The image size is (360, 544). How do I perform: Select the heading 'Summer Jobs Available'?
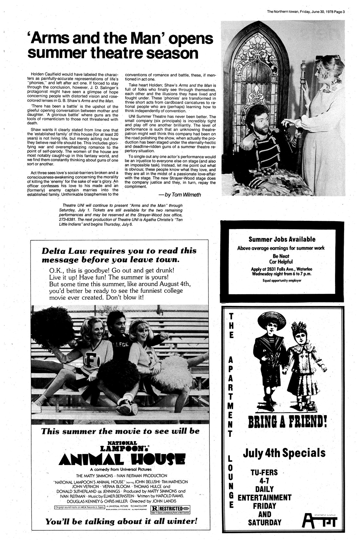282,239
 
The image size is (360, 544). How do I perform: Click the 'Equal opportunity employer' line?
282,280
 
